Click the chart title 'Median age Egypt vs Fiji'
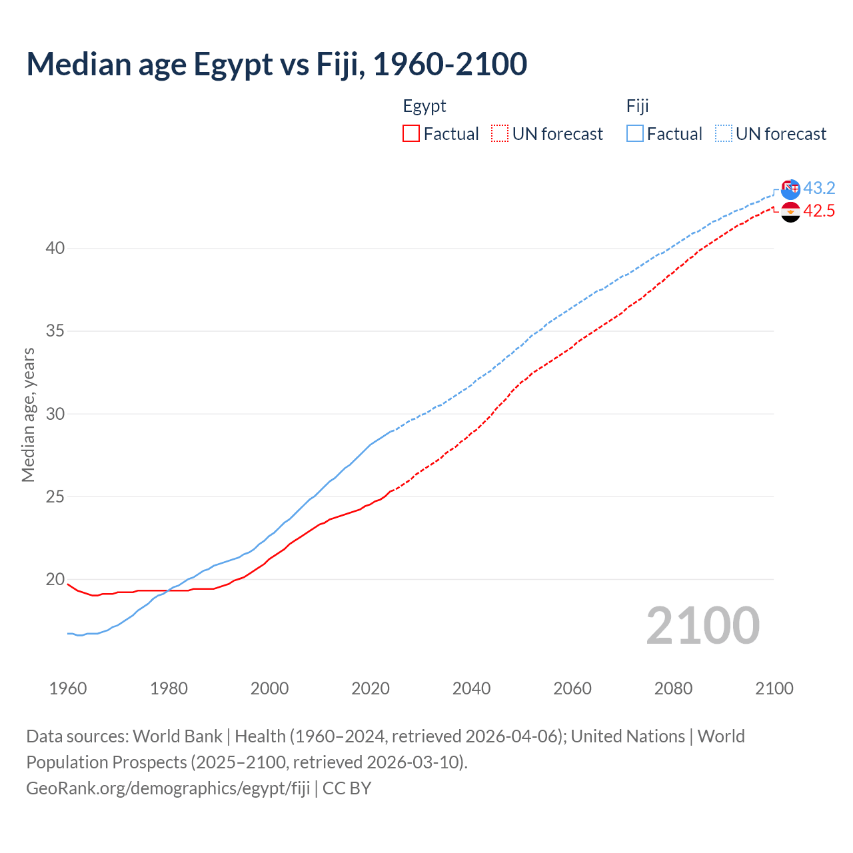pos(277,64)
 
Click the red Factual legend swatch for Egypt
pos(411,133)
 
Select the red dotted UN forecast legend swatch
pos(500,133)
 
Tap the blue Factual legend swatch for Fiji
pos(635,133)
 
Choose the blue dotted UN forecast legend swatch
pos(723,133)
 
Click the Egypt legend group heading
pos(425,106)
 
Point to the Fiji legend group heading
pos(637,106)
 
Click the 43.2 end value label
pos(819,189)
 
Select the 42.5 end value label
pos(819,211)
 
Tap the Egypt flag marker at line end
pos(790,213)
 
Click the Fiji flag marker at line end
pos(790,189)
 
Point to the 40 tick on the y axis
pos(55,249)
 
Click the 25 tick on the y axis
pos(55,497)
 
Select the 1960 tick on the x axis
pos(68,688)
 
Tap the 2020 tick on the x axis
pos(371,688)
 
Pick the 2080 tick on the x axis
pos(673,688)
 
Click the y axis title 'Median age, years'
pos(28,415)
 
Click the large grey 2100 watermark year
pos(702,626)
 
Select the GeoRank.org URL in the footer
pos(168,788)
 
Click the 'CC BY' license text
pos(347,788)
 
